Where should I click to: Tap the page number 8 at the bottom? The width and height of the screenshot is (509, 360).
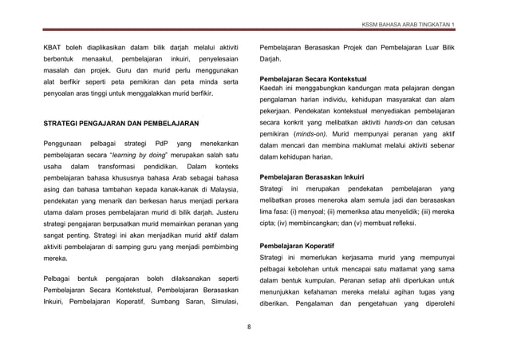pyautogui.click(x=250, y=326)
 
